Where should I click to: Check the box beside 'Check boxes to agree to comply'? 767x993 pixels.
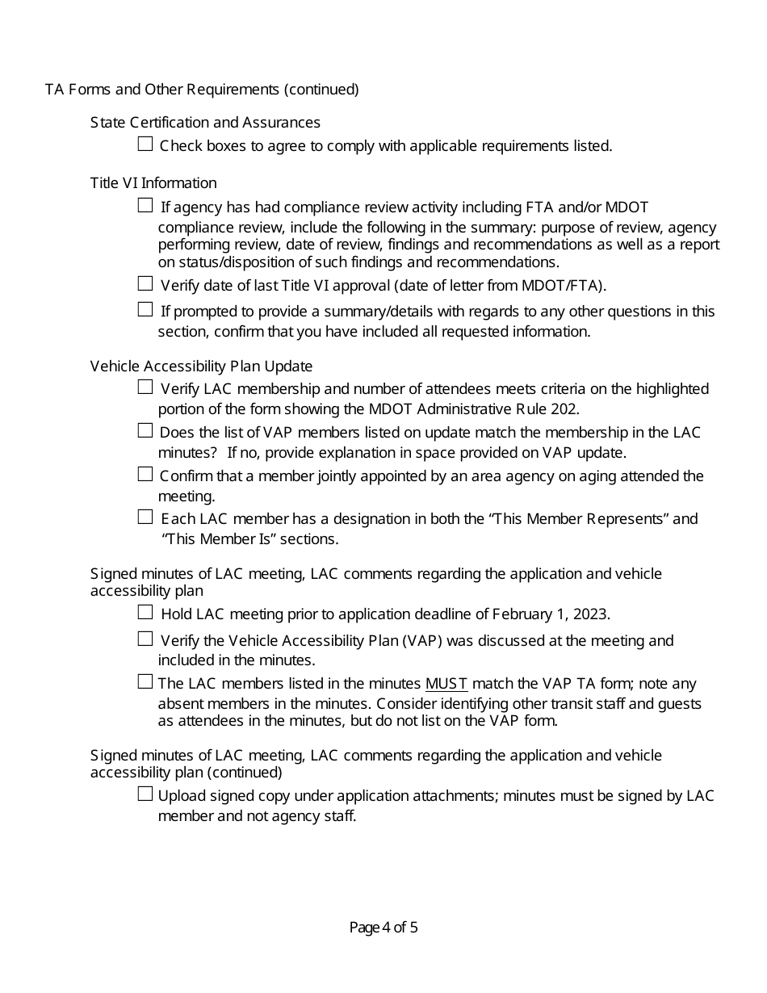[x=145, y=145]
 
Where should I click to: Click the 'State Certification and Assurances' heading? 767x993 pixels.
[x=205, y=123]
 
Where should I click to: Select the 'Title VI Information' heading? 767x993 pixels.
[x=153, y=183]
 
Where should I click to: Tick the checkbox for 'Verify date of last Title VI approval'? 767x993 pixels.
[x=145, y=283]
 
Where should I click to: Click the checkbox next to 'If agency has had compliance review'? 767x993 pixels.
[x=145, y=206]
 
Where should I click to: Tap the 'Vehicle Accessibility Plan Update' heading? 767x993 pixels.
[x=201, y=367]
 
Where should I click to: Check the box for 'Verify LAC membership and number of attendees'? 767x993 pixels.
[x=145, y=388]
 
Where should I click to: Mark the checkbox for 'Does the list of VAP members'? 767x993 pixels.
[x=145, y=431]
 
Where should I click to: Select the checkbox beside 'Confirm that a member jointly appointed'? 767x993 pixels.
[x=145, y=474]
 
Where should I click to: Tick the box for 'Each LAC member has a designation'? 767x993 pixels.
[x=145, y=517]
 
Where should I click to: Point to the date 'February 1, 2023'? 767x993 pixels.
[x=545, y=614]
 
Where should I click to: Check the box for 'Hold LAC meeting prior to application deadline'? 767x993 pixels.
[x=145, y=613]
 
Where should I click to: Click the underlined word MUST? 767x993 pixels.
[x=446, y=684]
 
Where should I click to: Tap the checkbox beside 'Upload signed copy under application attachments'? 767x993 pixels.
[x=145, y=794]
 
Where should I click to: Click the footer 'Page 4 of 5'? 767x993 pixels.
[x=383, y=928]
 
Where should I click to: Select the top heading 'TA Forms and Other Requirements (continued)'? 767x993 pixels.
[x=202, y=90]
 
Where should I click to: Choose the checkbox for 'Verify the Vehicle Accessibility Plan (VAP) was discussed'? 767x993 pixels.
[x=145, y=639]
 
